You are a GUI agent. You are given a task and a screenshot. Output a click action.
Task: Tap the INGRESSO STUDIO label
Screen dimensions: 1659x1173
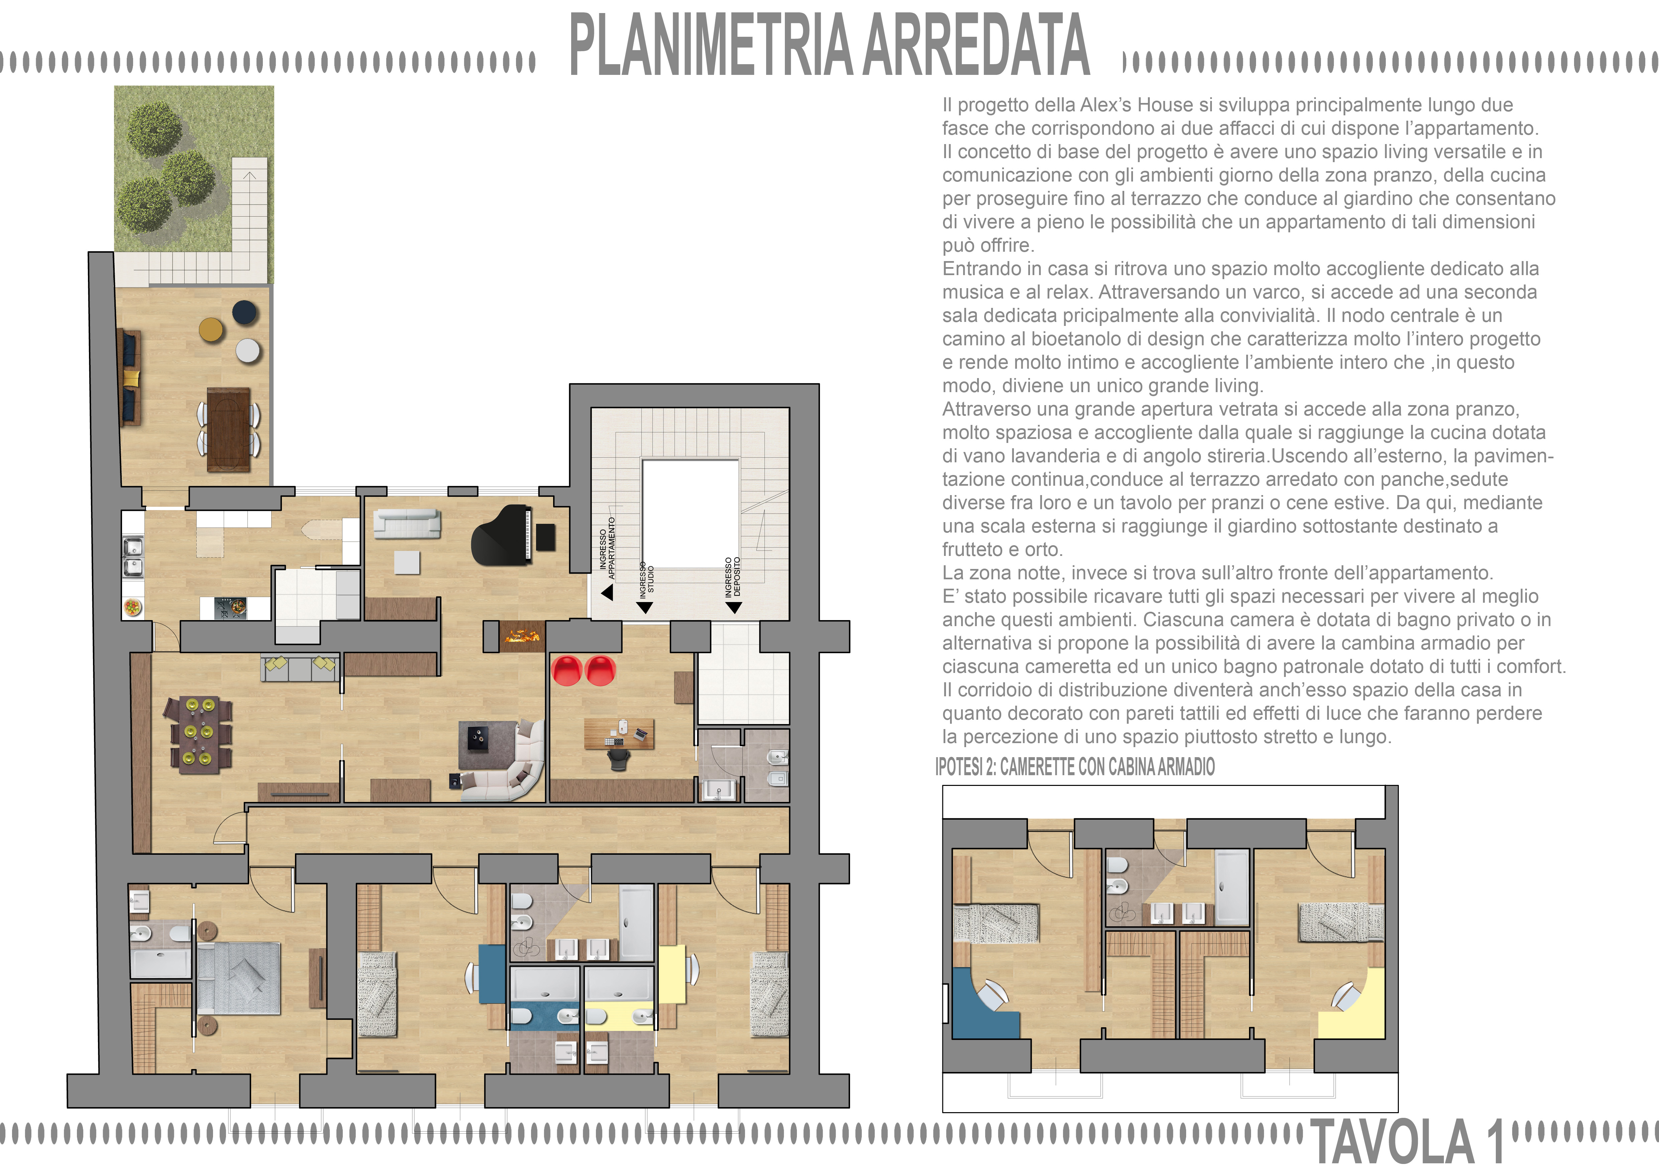point(646,581)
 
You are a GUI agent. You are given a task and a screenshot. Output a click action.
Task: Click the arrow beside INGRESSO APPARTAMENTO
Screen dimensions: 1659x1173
point(607,592)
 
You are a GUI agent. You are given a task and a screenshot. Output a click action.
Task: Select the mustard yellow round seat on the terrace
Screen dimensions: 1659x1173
point(212,329)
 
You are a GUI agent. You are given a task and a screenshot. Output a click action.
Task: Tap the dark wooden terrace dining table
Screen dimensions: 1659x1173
point(228,429)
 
